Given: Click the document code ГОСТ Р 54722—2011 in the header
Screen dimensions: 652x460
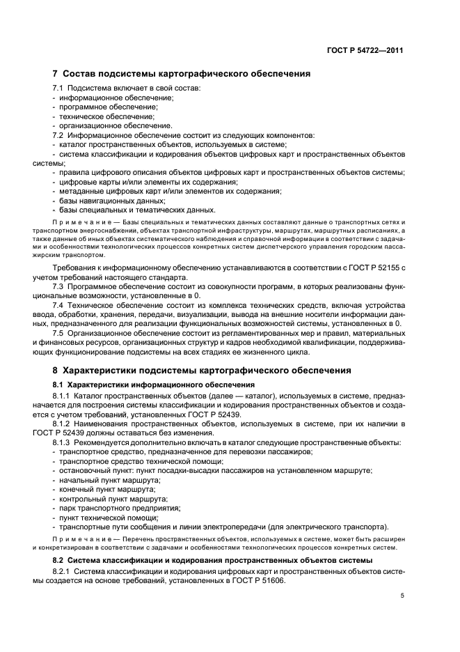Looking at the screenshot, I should tap(367, 50).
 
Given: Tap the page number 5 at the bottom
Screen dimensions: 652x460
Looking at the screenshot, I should tap(402, 596).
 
